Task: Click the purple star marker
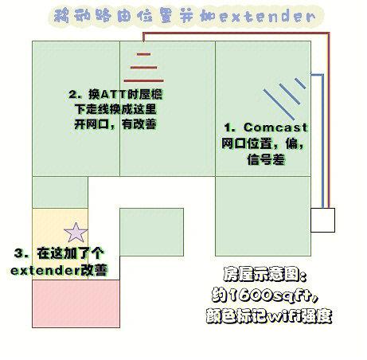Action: point(76,233)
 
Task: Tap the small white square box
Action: point(322,220)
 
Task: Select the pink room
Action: point(76,303)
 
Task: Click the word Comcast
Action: point(275,127)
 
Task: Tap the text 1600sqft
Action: point(271,295)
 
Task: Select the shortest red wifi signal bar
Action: point(144,54)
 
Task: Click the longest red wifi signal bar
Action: point(143,80)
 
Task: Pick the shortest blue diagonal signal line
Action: point(300,84)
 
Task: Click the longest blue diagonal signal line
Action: point(279,104)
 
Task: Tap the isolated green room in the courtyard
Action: point(151,232)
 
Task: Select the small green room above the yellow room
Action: point(60,192)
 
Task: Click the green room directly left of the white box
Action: point(263,216)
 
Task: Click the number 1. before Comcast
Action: point(230,127)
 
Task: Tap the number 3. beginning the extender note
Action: point(21,252)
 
